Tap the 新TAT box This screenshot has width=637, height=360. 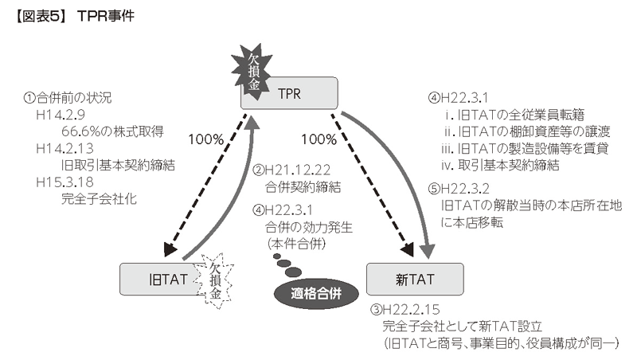point(413,280)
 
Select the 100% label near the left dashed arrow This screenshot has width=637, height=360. point(205,139)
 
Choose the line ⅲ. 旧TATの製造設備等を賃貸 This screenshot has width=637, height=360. point(525,149)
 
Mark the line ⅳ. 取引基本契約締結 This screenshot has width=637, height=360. point(502,165)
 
